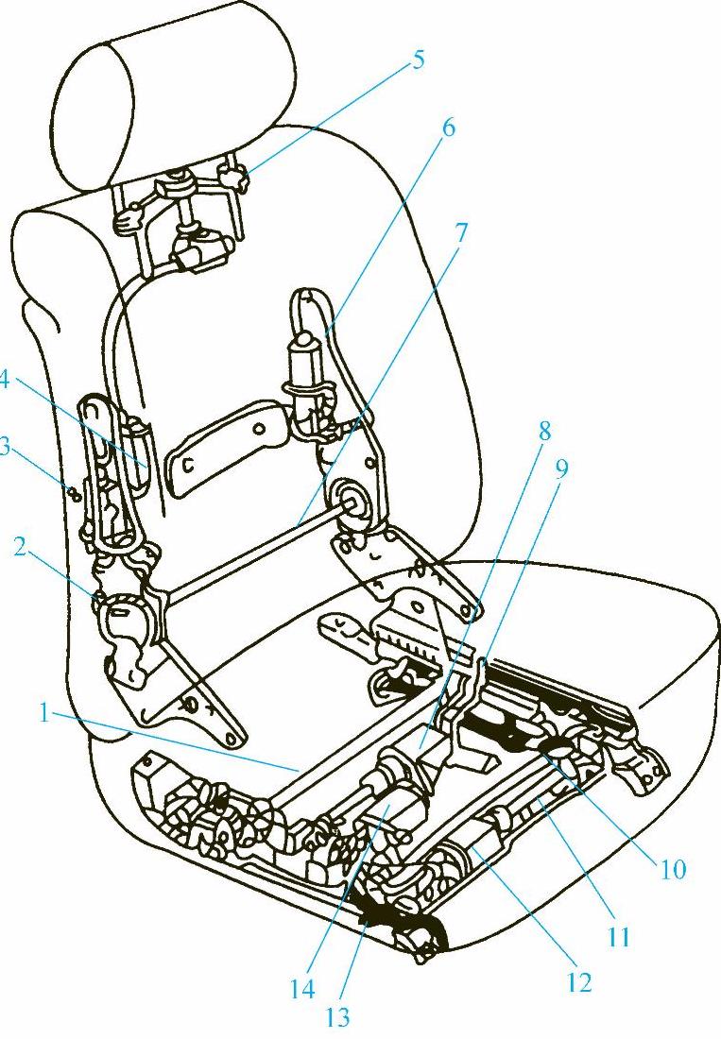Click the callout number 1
tap(44, 715)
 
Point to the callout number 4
tap(4, 383)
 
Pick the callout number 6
tap(449, 128)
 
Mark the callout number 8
tap(544, 432)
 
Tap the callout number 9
tap(561, 469)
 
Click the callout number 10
tap(671, 869)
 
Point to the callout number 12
tap(578, 981)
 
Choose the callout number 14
tap(301, 989)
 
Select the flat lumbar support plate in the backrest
tap(229, 448)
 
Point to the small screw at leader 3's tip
tap(76, 493)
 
